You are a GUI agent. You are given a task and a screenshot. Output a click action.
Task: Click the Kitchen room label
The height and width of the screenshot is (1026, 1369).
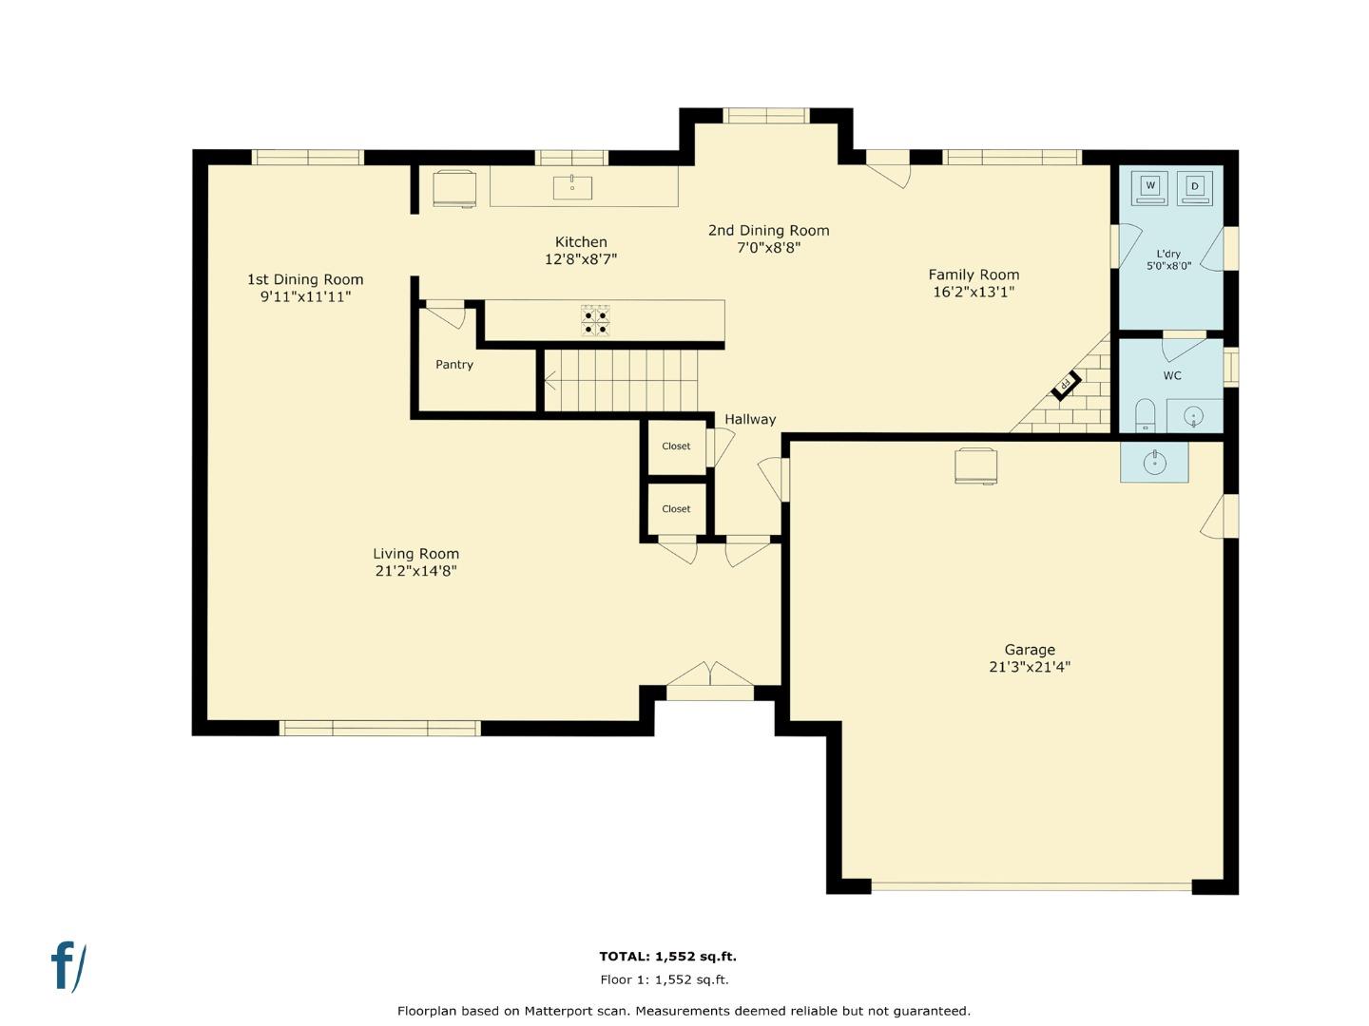pyautogui.click(x=581, y=242)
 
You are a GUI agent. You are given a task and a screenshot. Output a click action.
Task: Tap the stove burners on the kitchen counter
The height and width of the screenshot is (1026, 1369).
pyautogui.click(x=596, y=321)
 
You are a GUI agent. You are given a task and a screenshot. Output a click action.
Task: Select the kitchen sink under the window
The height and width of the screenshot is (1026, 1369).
pyautogui.click(x=572, y=187)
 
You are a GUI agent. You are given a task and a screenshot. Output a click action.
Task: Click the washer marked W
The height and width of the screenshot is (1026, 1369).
pyautogui.click(x=1150, y=187)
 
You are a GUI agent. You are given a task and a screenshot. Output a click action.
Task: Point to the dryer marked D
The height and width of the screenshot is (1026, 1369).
pyautogui.click(x=1195, y=187)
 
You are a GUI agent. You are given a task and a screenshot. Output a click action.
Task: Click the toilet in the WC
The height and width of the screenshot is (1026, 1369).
pyautogui.click(x=1145, y=415)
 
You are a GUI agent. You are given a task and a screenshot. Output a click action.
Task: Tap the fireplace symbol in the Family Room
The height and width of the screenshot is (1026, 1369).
pyautogui.click(x=1066, y=385)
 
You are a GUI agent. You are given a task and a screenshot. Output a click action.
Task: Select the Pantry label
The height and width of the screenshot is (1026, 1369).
pyautogui.click(x=454, y=365)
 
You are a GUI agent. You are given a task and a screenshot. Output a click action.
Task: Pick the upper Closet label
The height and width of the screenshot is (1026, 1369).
pyautogui.click(x=676, y=446)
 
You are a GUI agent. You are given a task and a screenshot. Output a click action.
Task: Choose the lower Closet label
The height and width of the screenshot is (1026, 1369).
pyautogui.click(x=676, y=509)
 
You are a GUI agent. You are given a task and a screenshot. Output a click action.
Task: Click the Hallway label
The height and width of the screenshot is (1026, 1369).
pyautogui.click(x=750, y=419)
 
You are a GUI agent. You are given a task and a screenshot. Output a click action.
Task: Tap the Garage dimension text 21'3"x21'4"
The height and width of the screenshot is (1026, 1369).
pyautogui.click(x=1030, y=667)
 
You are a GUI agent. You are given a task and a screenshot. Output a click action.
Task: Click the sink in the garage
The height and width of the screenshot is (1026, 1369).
pyautogui.click(x=1154, y=463)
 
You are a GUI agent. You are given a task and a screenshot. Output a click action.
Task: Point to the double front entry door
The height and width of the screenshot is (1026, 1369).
pyautogui.click(x=710, y=676)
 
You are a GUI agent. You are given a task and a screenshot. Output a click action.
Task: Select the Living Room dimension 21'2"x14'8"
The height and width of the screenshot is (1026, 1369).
pyautogui.click(x=415, y=571)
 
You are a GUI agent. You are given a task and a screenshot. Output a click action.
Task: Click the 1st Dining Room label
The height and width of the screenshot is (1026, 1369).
pyautogui.click(x=305, y=279)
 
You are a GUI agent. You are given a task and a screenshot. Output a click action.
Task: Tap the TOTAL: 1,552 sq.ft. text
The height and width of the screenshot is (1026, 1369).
pyautogui.click(x=667, y=957)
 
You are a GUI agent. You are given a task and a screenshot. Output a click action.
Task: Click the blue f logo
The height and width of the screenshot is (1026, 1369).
pyautogui.click(x=67, y=967)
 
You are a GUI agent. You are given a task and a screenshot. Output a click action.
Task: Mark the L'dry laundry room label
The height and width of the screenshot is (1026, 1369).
pyautogui.click(x=1168, y=254)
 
